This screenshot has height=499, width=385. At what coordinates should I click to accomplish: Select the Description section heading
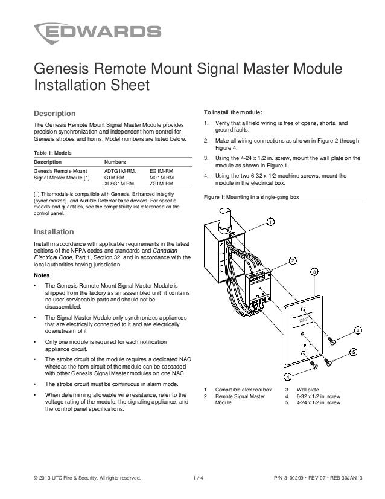click(54, 114)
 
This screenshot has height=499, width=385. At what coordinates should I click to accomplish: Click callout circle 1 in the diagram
click(272, 222)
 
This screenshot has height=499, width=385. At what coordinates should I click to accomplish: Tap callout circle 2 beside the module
click(293, 260)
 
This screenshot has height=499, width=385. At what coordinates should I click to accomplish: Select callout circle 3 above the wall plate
click(314, 273)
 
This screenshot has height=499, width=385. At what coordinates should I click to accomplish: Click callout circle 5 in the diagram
click(354, 352)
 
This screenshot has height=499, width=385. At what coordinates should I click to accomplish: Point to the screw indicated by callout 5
click(329, 362)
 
